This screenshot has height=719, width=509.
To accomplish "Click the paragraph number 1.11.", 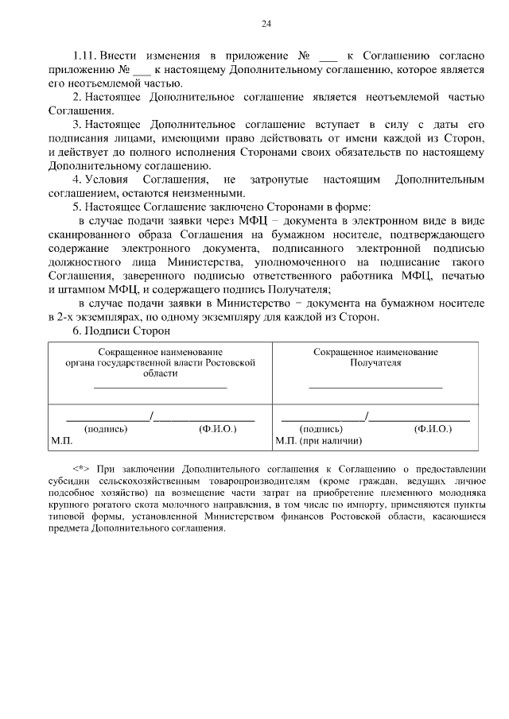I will (84, 57).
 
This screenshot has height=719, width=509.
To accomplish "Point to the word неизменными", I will (222, 194).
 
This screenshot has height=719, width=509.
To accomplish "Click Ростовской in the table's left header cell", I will (233, 361).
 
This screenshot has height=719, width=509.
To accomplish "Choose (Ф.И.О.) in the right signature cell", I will (433, 428).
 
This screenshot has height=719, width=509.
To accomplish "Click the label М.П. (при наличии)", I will (319, 439).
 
